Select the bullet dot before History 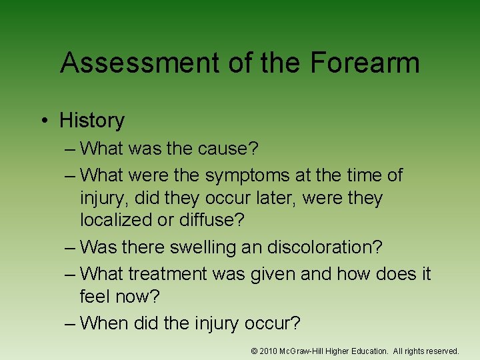tap(43, 121)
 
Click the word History tap(92, 121)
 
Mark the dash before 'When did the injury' tap(71, 323)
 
